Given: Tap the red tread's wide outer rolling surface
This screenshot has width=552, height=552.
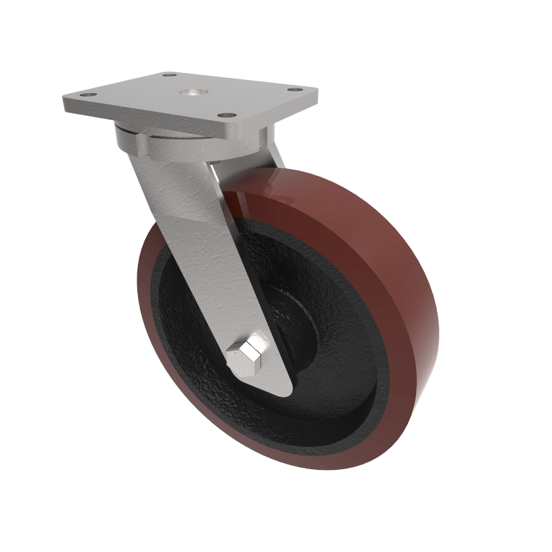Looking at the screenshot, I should [x=386, y=276].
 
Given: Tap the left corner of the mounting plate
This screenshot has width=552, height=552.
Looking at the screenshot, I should [x=63, y=101].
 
